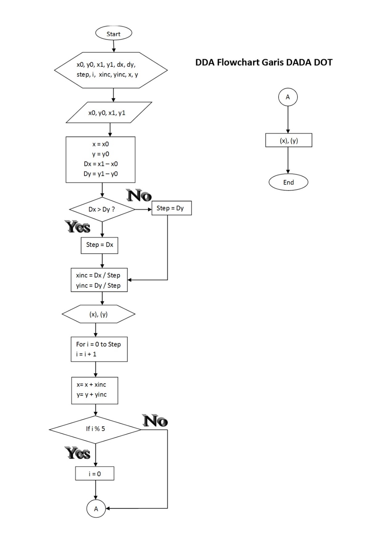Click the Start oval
click(113, 34)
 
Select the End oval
click(288, 182)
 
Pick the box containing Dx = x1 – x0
click(101, 160)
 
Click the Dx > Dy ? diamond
click(102, 209)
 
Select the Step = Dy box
click(171, 208)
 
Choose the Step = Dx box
click(100, 245)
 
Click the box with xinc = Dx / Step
click(99, 280)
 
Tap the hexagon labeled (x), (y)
click(99, 314)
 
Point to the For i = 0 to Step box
click(99, 349)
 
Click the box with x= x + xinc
click(94, 390)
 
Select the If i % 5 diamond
click(95, 429)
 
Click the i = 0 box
click(94, 474)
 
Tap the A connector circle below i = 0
click(96, 508)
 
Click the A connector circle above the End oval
click(288, 97)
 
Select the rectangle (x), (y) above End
click(289, 140)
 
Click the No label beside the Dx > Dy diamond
click(139, 196)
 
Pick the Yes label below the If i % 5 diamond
click(78, 453)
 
